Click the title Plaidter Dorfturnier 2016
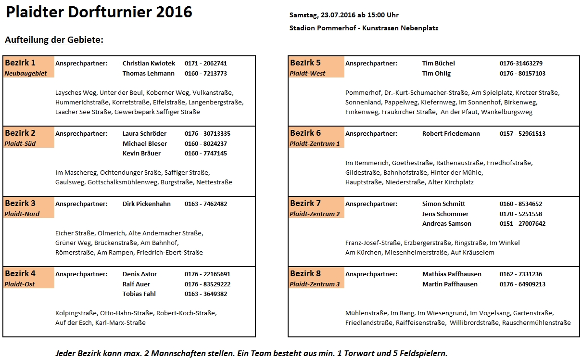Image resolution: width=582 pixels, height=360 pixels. (99, 13)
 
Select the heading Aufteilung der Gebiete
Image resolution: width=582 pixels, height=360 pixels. (54, 40)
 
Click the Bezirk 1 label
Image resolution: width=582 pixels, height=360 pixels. (20, 63)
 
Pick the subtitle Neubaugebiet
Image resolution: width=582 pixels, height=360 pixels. (26, 74)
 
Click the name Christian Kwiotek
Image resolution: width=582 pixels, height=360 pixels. (149, 64)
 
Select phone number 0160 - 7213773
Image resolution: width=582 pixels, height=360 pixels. (205, 74)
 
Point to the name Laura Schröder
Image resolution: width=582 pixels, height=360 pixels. (144, 134)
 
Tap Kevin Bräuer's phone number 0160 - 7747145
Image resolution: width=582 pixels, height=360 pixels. (205, 154)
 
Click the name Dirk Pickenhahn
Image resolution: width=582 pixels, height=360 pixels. (147, 204)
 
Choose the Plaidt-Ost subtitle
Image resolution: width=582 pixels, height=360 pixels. (20, 284)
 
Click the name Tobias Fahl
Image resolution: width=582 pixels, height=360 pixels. (139, 294)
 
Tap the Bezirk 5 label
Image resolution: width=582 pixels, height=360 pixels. (305, 63)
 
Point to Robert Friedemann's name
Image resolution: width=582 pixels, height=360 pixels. (451, 134)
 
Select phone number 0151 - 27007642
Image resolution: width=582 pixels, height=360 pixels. (522, 224)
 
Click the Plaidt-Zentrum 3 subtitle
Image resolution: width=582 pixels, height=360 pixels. (315, 284)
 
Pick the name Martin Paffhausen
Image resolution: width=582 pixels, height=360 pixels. (450, 284)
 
